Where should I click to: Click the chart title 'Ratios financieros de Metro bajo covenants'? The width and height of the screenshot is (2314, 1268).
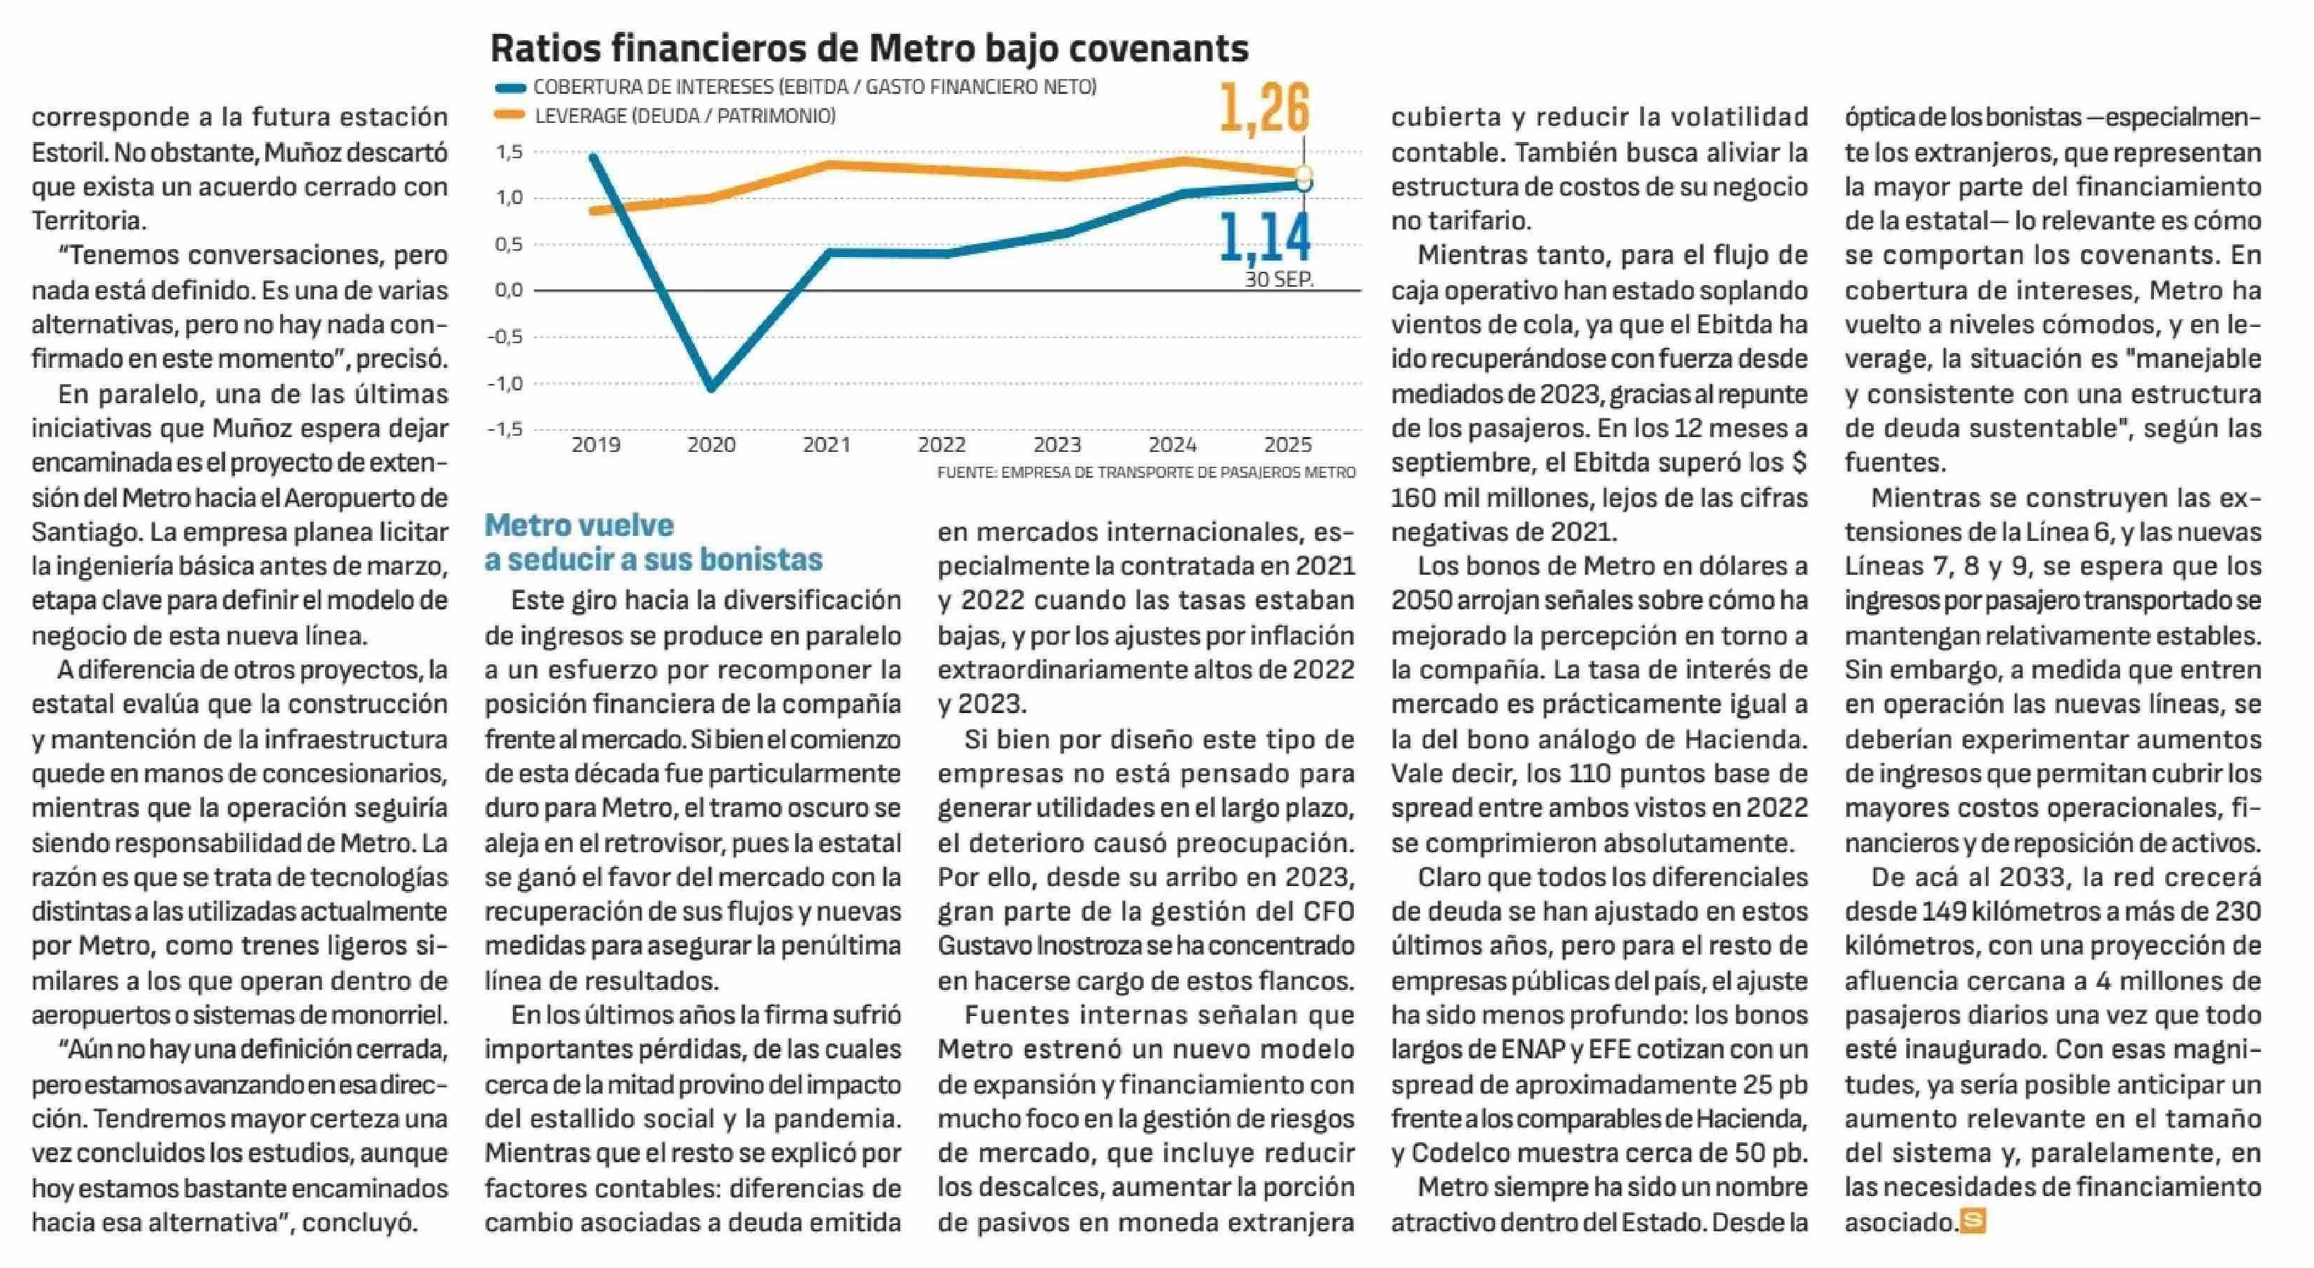(x=868, y=49)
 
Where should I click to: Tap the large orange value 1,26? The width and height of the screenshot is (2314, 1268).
(x=1265, y=109)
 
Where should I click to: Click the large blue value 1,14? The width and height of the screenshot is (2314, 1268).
(x=1265, y=238)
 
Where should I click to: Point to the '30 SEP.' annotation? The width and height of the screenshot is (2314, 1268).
(x=1278, y=280)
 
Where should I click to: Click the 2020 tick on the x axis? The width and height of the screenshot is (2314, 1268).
(x=711, y=445)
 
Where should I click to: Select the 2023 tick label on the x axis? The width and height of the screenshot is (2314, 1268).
(x=1058, y=445)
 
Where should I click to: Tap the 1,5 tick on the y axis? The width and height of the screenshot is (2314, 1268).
(x=509, y=152)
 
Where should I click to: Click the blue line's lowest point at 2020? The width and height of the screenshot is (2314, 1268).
(x=711, y=388)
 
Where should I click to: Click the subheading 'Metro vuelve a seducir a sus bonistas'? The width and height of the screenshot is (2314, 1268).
(x=653, y=542)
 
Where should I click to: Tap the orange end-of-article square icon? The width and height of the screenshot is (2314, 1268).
(x=1972, y=1222)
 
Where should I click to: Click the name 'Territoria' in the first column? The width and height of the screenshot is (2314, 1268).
(x=87, y=221)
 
